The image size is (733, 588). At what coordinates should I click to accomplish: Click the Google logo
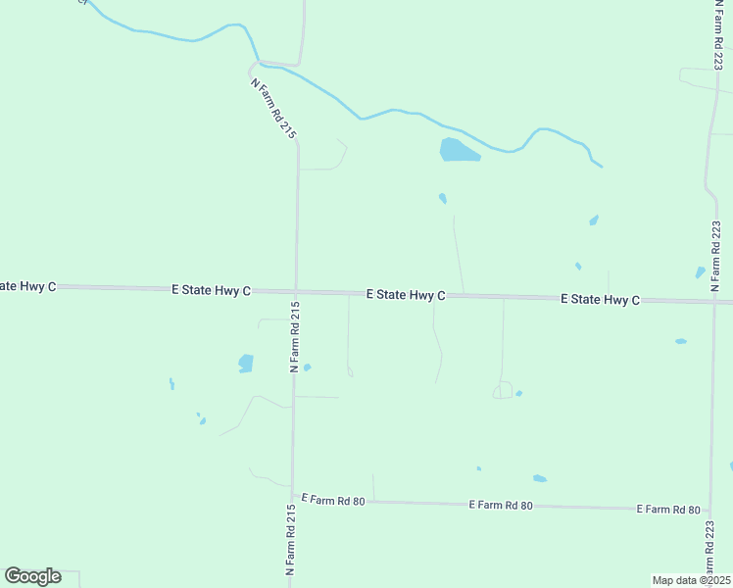click(x=33, y=576)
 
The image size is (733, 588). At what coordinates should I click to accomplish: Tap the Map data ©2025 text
click(x=691, y=580)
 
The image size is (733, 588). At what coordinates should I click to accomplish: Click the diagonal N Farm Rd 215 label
click(x=273, y=107)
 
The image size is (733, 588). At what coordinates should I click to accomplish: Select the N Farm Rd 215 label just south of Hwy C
click(x=294, y=336)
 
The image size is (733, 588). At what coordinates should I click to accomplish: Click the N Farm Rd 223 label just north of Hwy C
click(x=715, y=256)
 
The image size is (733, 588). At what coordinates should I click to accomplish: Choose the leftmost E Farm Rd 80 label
click(x=333, y=501)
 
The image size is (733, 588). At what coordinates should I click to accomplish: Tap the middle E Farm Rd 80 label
click(x=501, y=505)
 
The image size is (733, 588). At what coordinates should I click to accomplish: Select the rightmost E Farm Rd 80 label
click(x=668, y=510)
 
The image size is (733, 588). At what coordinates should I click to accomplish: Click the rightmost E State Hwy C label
click(x=600, y=299)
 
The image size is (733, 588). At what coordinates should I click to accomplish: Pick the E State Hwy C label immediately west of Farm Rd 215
click(x=212, y=290)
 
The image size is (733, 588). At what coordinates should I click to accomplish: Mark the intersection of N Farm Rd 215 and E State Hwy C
click(x=295, y=291)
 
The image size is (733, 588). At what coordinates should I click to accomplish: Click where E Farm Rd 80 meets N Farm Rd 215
click(x=292, y=500)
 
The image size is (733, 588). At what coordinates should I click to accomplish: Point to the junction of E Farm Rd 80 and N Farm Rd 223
click(x=710, y=511)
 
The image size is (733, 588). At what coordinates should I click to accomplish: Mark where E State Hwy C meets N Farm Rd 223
click(x=712, y=301)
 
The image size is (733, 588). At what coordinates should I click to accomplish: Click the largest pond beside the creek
click(x=459, y=150)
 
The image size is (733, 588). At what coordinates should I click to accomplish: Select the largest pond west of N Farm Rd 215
click(x=246, y=364)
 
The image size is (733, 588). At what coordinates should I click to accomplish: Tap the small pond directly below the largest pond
click(x=443, y=198)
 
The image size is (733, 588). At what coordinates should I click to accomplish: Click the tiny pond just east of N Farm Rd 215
click(x=307, y=367)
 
